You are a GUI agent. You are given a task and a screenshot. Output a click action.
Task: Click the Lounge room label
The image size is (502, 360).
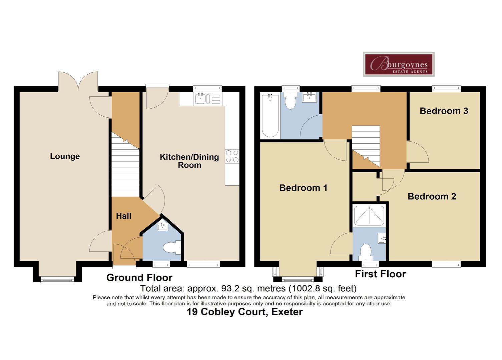(65, 156)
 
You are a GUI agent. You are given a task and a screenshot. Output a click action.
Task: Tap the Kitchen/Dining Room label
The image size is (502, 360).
(189, 161)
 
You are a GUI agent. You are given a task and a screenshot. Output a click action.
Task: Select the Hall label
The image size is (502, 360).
(123, 216)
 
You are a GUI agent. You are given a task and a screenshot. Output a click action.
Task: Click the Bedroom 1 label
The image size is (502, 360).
(303, 188)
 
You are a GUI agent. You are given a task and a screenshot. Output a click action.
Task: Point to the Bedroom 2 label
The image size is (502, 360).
(432, 196)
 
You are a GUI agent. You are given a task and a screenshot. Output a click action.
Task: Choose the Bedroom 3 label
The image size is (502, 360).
(444, 111)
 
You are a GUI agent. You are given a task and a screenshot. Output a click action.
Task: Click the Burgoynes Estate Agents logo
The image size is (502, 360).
(399, 64)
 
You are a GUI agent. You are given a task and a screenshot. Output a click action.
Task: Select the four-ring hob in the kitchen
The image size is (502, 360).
(232, 156)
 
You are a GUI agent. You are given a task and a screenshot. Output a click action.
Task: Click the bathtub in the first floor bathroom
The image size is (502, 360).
(270, 116)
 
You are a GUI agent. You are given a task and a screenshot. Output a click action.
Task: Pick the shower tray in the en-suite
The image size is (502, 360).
(369, 216)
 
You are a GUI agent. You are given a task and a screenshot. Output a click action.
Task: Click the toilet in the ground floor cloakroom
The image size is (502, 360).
(171, 248)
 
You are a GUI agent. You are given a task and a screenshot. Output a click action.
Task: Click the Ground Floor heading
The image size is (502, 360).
(139, 278)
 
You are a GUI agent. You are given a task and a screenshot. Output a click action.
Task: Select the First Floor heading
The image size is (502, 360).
(380, 274)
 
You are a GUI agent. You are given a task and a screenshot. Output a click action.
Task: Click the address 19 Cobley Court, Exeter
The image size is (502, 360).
(244, 312)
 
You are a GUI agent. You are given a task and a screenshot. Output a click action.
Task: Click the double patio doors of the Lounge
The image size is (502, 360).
(78, 81)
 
